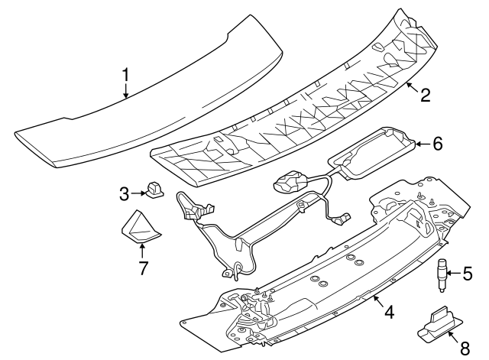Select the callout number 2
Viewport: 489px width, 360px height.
point(425,95)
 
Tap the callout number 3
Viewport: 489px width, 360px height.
point(124,194)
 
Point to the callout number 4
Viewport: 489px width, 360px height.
point(389,311)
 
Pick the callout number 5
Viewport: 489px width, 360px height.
point(467,274)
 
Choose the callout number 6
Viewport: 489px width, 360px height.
point(437,144)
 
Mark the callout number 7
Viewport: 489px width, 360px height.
point(143,268)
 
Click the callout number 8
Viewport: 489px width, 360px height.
point(465,348)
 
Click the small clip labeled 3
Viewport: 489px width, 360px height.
point(154,190)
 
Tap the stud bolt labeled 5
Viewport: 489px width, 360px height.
point(442,275)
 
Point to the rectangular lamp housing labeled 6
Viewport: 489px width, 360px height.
point(373,151)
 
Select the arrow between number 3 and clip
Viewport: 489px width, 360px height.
point(138,193)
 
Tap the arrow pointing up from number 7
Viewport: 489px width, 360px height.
point(142,251)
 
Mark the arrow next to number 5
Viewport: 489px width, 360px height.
point(453,274)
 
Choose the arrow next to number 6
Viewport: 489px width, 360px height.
point(423,144)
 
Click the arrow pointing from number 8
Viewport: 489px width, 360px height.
point(453,337)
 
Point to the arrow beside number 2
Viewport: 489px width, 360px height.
point(413,86)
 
